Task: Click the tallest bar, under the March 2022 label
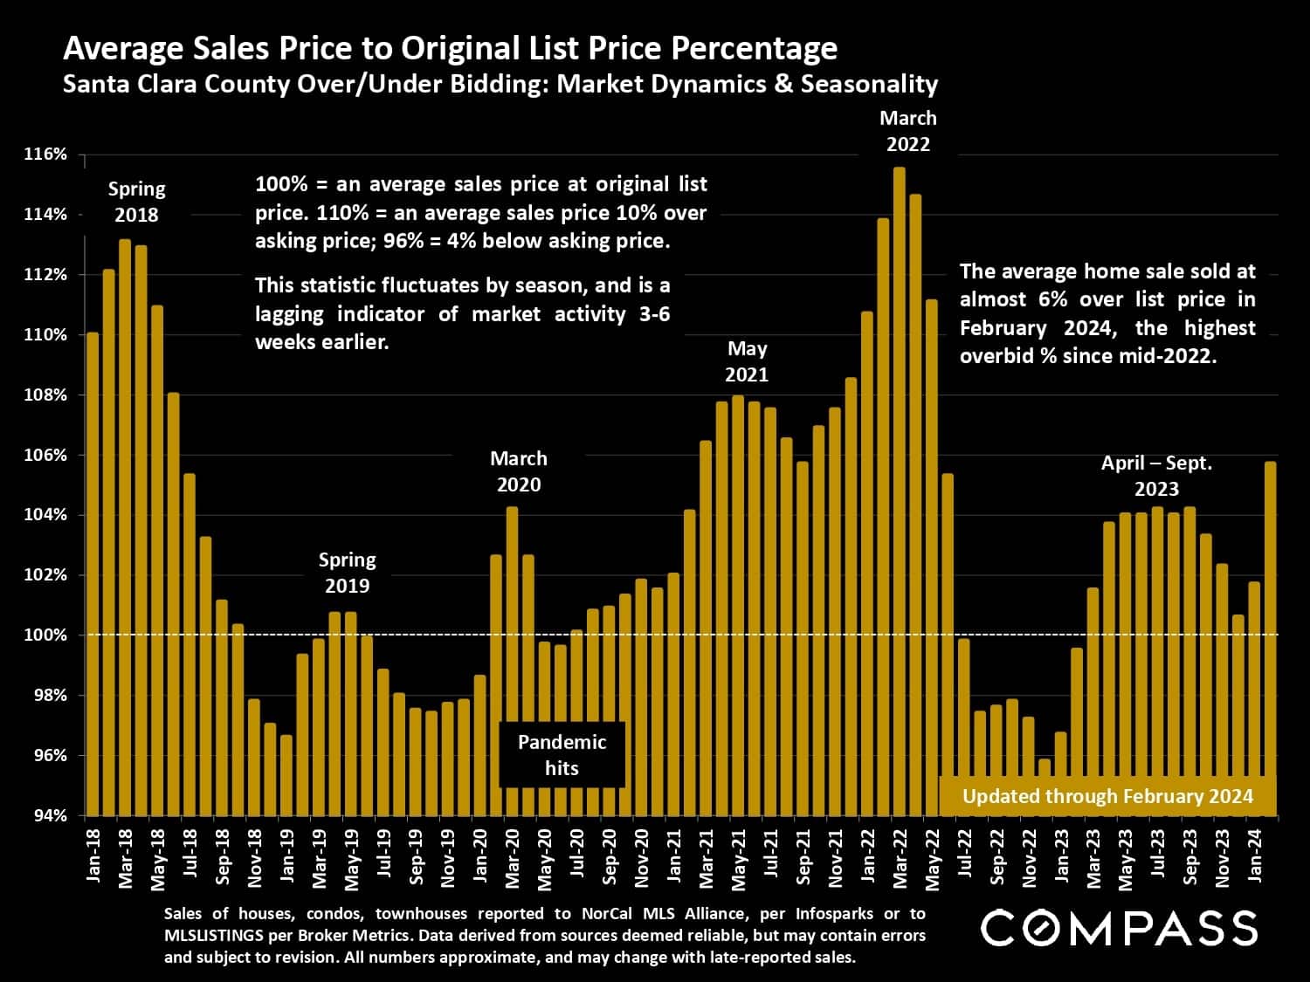[x=900, y=489]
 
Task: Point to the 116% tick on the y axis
[x=45, y=155]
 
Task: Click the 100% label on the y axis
[x=45, y=635]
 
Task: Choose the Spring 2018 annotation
[x=136, y=202]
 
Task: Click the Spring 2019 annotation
[x=347, y=573]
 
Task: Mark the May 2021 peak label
[x=747, y=361]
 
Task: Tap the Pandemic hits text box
[x=562, y=755]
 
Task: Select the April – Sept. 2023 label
[x=1156, y=476]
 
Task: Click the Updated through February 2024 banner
[x=1107, y=796]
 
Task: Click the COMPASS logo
[x=1119, y=928]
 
